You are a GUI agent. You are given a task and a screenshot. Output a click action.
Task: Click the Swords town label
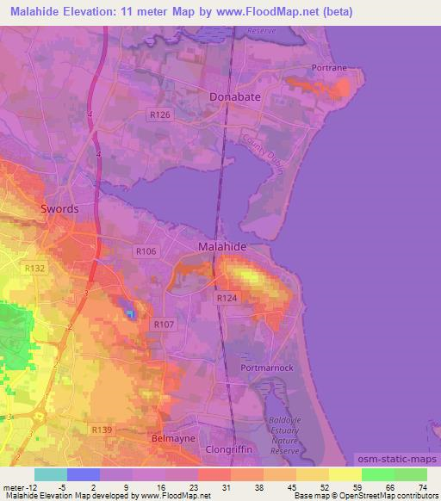click(59, 209)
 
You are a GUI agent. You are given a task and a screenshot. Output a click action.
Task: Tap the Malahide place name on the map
click(223, 246)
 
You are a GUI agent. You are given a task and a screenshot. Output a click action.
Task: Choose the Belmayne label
click(169, 438)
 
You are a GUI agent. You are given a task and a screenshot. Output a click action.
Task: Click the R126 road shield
click(159, 114)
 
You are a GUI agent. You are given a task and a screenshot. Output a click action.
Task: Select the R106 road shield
click(145, 250)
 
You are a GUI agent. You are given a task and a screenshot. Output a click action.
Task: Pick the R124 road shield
click(227, 297)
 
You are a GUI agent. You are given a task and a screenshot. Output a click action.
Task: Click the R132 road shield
click(35, 269)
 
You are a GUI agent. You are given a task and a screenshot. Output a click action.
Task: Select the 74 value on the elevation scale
click(421, 486)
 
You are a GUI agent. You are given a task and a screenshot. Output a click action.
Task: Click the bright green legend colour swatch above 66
click(377, 474)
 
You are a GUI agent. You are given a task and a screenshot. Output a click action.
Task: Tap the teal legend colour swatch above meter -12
click(51, 474)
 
